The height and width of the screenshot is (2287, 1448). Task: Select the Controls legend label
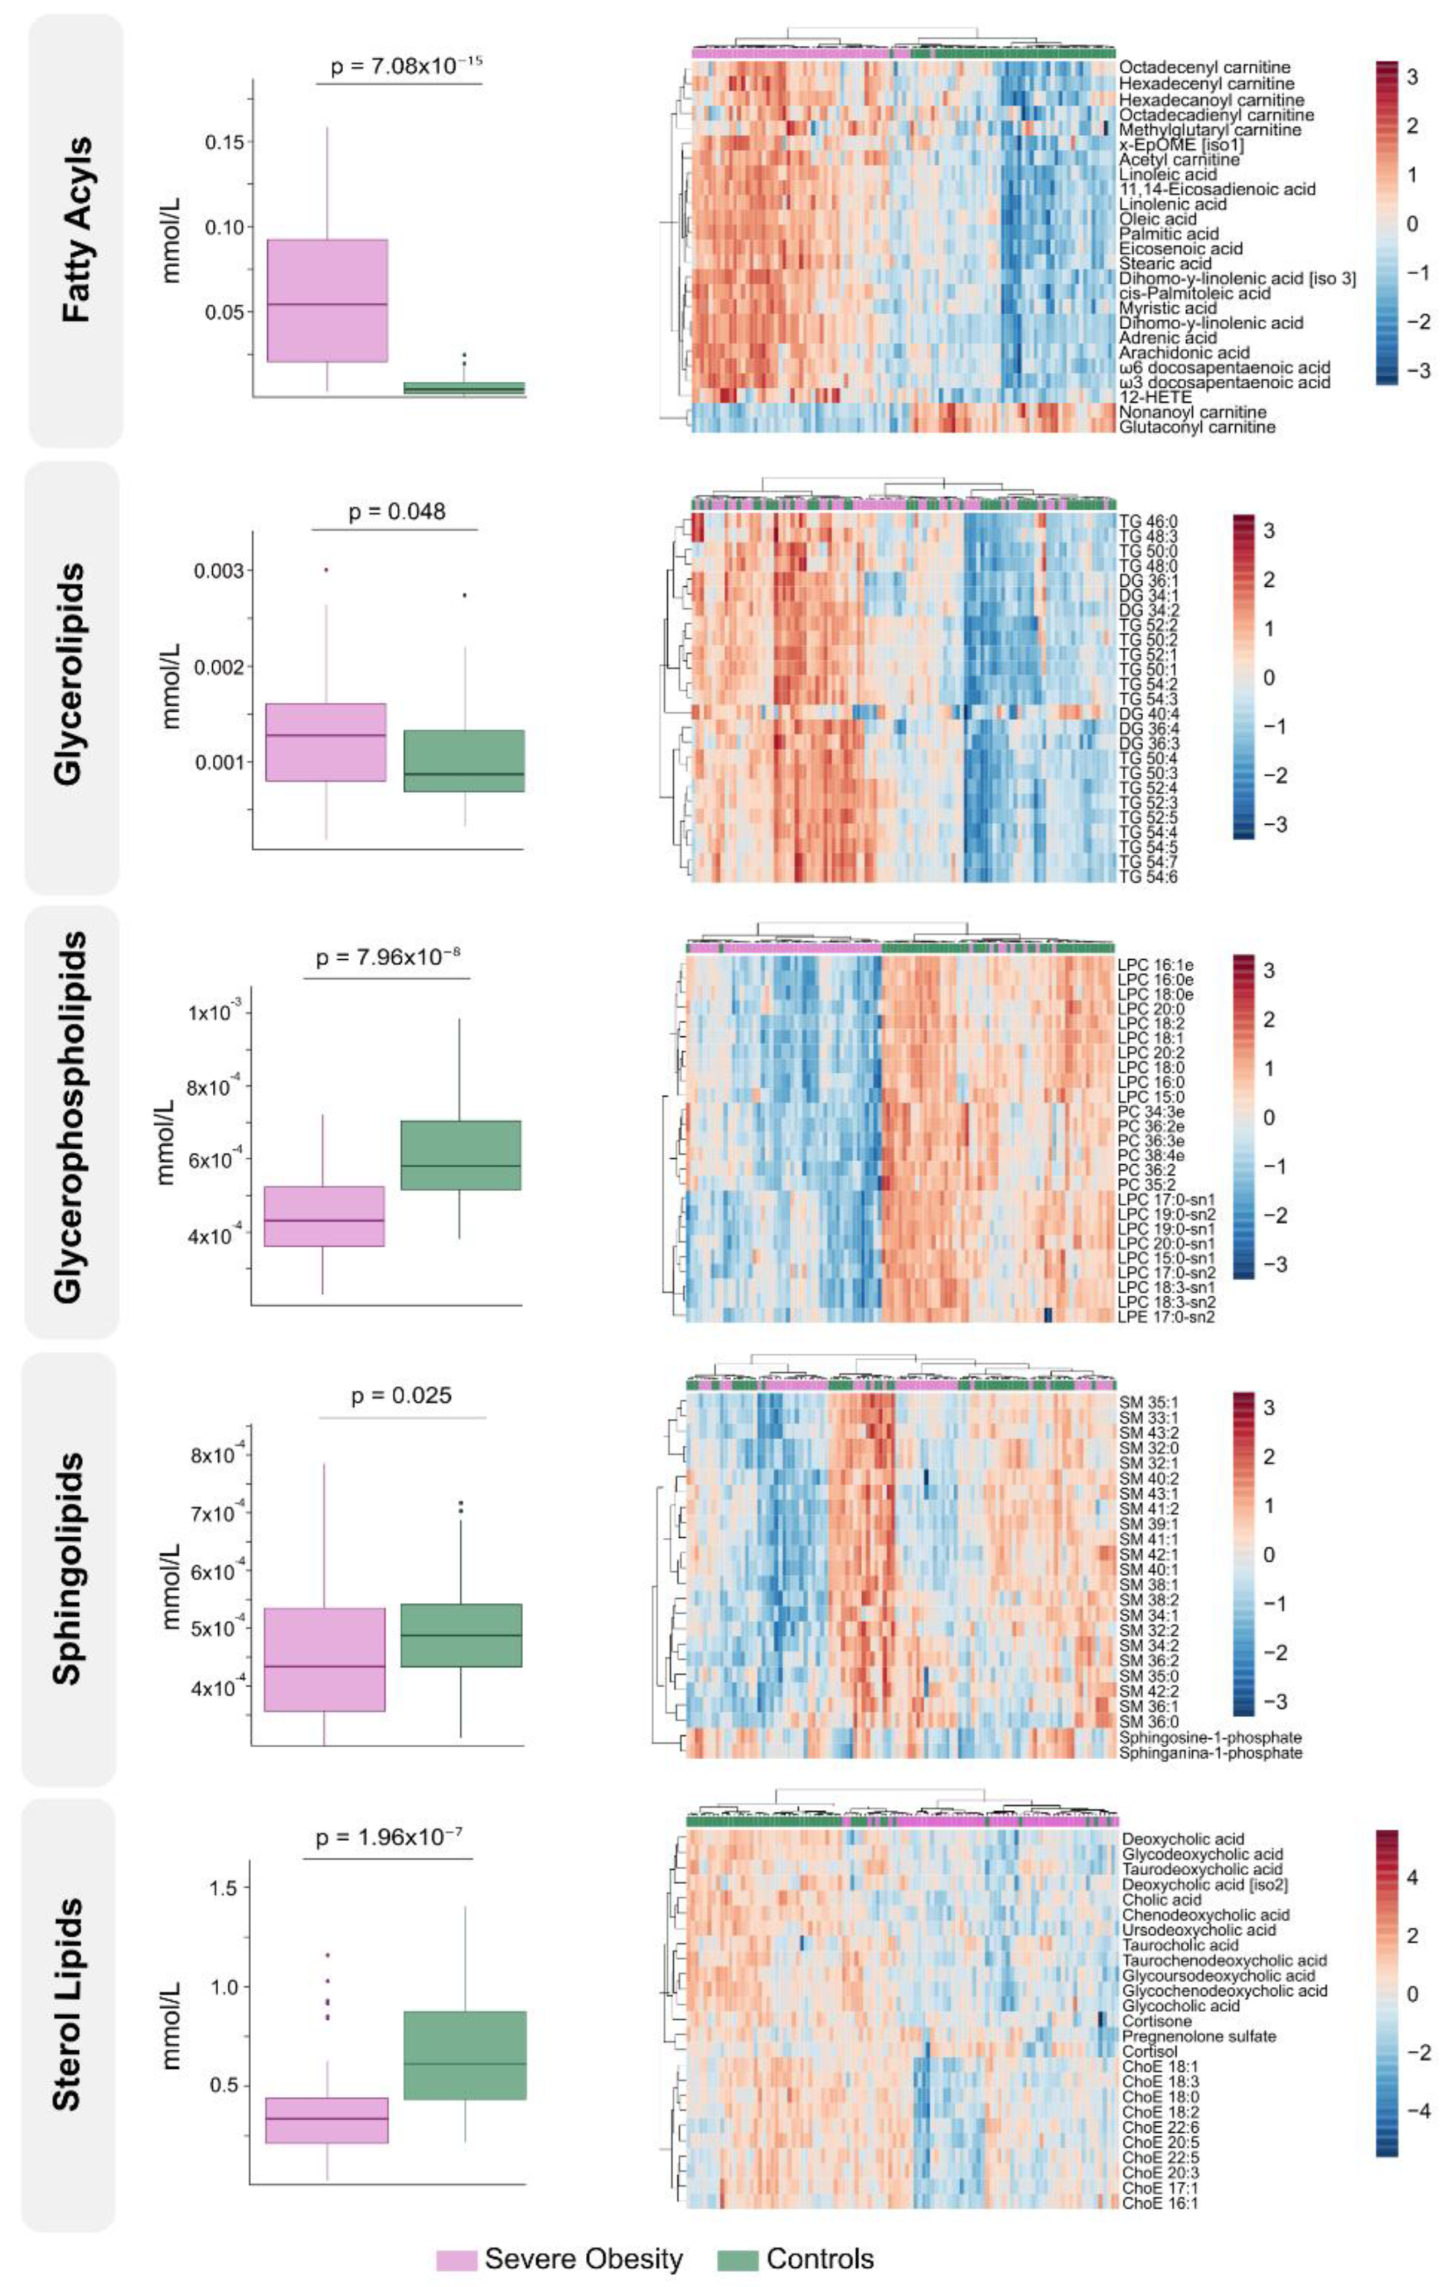click(820, 2258)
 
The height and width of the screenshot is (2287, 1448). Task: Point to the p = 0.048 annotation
click(397, 512)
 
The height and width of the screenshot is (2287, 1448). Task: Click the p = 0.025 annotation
click(401, 1395)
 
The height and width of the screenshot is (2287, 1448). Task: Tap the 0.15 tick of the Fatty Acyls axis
click(224, 142)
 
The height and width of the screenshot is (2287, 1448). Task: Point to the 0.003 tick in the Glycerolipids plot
click(220, 571)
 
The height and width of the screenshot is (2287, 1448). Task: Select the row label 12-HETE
click(1155, 397)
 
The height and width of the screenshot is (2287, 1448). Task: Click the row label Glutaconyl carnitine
click(1196, 427)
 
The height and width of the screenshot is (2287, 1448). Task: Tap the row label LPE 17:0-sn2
click(1166, 1316)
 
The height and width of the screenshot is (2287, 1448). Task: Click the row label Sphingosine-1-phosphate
click(1209, 1737)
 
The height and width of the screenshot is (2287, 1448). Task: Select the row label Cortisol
click(1149, 2051)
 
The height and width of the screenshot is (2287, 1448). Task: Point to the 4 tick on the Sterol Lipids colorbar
click(1412, 1877)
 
